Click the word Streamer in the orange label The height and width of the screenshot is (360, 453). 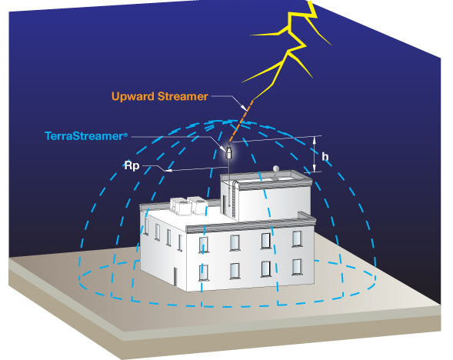[182, 96]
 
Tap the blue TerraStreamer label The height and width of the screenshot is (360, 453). [86, 136]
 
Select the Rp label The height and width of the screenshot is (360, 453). [132, 166]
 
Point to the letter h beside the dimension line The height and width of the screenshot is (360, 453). [325, 157]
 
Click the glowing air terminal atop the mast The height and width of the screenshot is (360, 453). [229, 151]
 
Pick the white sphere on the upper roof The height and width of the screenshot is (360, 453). [276, 168]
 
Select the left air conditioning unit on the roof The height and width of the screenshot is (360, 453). [180, 206]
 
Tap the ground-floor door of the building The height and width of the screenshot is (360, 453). [175, 276]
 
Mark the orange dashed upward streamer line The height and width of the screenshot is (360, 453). [241, 122]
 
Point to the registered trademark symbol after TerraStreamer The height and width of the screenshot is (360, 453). [125, 135]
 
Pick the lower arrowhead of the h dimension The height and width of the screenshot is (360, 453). [315, 168]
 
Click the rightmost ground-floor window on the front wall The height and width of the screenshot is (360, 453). [297, 267]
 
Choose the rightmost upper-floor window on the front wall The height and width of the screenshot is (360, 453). [297, 238]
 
